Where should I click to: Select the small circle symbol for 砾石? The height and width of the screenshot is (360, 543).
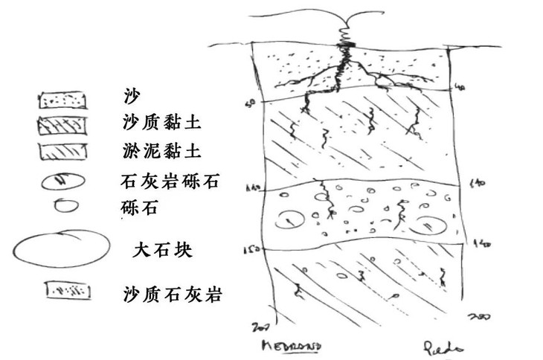pyautogui.click(x=62, y=206)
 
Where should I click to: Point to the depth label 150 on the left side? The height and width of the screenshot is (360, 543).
pyautogui.click(x=254, y=250)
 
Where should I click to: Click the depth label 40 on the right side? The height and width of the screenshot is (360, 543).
pyautogui.click(x=461, y=88)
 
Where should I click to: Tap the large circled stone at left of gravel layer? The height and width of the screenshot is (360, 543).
pyautogui.click(x=289, y=219)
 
